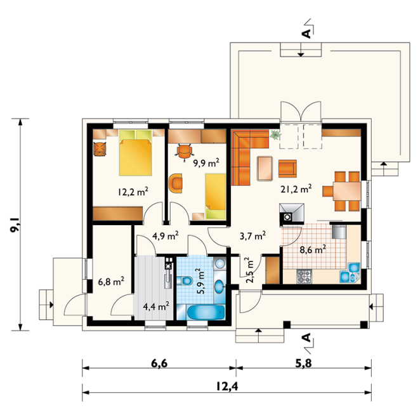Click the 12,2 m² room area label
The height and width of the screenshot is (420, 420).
133,192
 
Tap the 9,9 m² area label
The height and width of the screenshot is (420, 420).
206,162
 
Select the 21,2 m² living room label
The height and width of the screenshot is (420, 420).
296,188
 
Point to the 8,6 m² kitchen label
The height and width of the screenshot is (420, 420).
313,249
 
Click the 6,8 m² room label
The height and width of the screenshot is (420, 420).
111,281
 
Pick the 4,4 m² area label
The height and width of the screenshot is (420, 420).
156,306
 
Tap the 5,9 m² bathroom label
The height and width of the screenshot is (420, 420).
201,281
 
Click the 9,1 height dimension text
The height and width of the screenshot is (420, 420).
15,225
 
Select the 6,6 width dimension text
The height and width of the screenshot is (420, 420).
159,364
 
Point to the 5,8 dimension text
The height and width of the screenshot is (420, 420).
303,364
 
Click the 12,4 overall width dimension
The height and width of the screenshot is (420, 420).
227,386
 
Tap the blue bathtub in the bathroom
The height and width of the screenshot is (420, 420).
206,312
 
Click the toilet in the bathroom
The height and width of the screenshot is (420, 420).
185,280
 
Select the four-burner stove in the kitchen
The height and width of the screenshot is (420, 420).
304,277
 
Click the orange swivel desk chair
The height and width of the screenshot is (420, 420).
184,152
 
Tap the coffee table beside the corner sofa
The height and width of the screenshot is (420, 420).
265,168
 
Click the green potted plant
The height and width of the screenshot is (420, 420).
275,135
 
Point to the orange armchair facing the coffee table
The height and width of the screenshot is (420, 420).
287,169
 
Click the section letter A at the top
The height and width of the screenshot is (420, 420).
306,34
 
